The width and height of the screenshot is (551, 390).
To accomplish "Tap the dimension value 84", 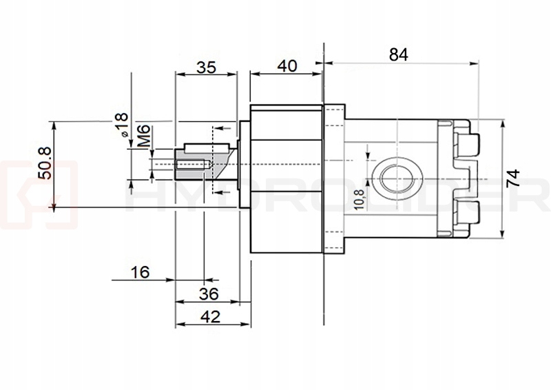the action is pos(398,55).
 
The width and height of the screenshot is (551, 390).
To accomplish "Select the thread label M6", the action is pos(143,137).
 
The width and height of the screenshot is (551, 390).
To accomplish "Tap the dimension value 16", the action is pos(139,272).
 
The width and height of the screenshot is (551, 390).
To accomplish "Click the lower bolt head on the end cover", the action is pos(468,214).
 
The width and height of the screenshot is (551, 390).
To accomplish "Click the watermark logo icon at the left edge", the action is pos(34,195).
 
